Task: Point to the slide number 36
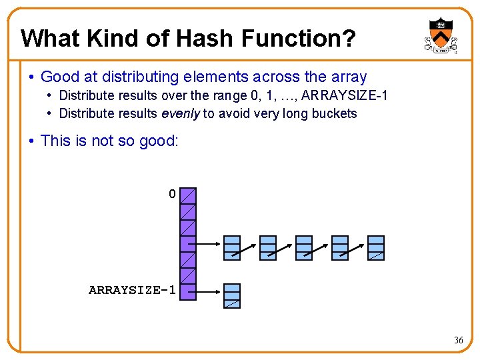(x=459, y=340)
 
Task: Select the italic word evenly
(x=181, y=113)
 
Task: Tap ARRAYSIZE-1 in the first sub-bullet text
(x=345, y=96)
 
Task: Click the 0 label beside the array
(x=172, y=195)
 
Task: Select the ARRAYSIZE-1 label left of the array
(x=132, y=290)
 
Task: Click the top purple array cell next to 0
(x=189, y=195)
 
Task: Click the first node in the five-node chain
(x=232, y=247)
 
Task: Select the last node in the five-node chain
(x=377, y=247)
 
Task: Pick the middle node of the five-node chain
(x=304, y=247)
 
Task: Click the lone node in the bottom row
(x=232, y=295)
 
